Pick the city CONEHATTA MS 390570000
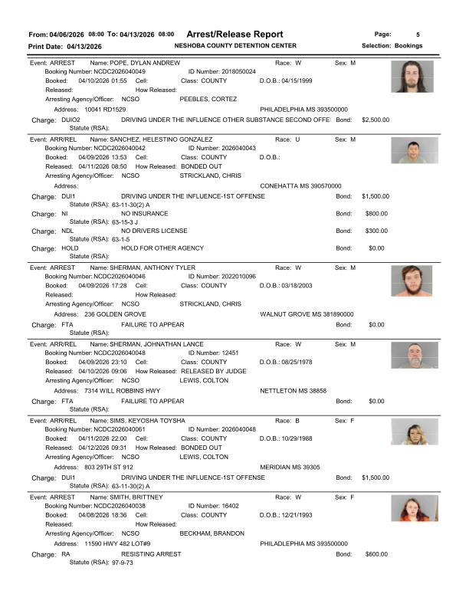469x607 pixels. click(301, 186)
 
